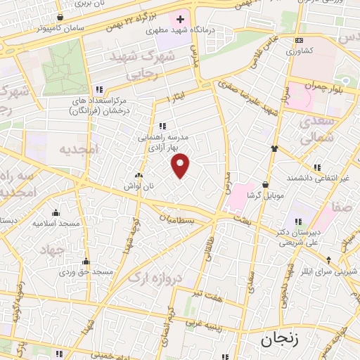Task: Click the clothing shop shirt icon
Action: (x=274, y=148)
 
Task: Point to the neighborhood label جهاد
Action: (x=51, y=250)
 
